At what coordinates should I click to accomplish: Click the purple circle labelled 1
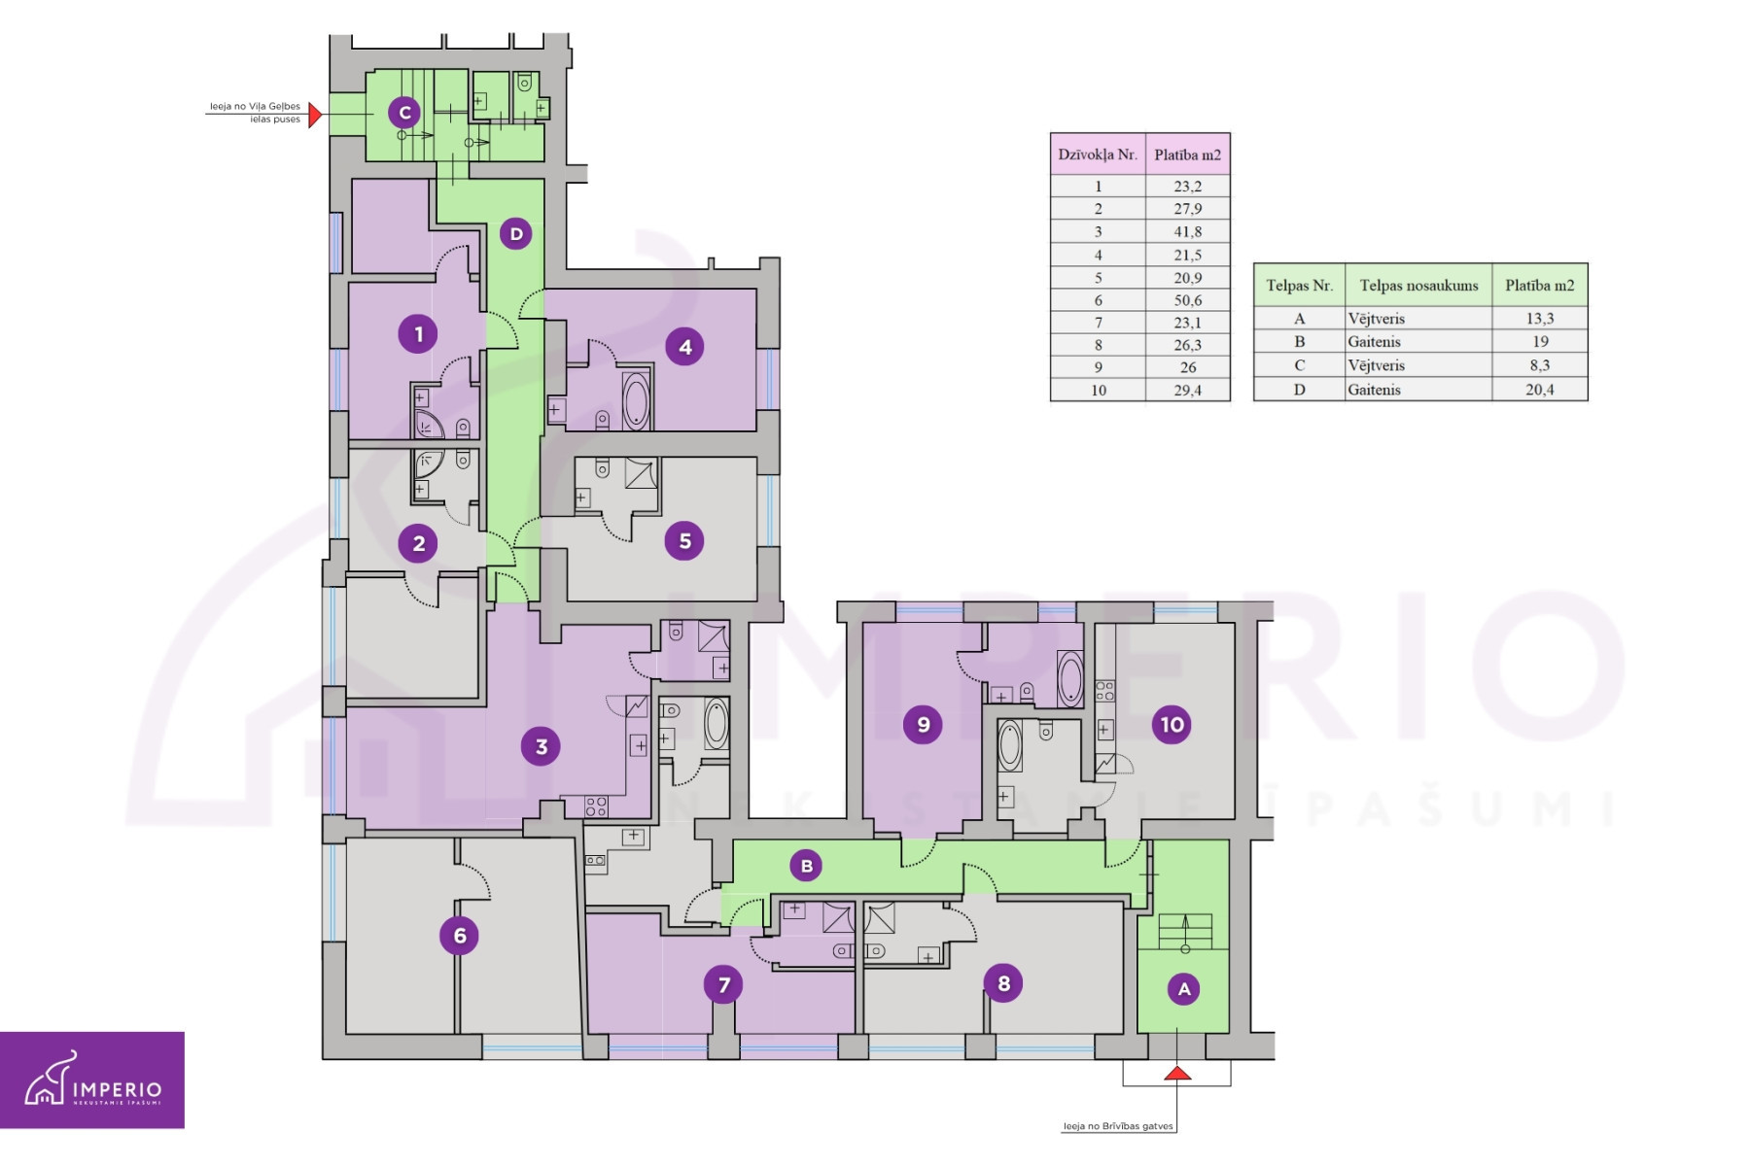coord(418,334)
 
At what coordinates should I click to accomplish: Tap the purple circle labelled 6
coord(459,936)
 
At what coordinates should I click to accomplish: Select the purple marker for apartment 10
coord(1172,724)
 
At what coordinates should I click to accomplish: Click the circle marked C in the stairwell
coord(404,113)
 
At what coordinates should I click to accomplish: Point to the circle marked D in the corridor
coord(515,233)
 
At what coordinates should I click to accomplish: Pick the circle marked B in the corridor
coord(806,866)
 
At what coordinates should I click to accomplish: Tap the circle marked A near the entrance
coord(1184,989)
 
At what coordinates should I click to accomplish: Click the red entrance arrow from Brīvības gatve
coord(1177,1073)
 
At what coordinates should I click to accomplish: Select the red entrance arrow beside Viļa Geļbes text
coord(315,115)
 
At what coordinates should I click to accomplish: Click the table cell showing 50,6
coord(1187,300)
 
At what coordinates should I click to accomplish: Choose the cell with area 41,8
coord(1187,231)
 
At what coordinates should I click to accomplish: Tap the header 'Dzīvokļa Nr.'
coord(1098,154)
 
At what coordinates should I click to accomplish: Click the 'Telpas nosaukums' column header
coord(1418,286)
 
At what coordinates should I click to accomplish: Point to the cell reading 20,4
coord(1539,390)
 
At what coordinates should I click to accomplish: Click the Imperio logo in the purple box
coord(92,1079)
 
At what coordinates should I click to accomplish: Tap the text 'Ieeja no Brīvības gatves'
coord(1118,1126)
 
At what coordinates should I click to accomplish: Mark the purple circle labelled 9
coord(923,724)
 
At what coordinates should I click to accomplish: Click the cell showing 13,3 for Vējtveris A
coord(1539,319)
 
